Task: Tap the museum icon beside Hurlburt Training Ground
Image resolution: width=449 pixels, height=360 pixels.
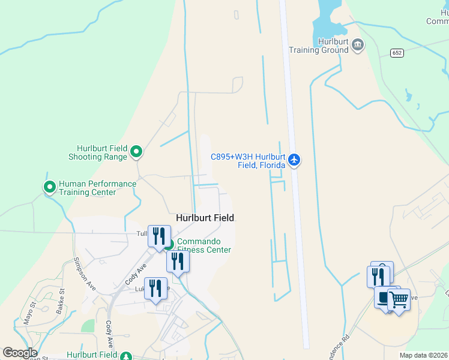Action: [358, 44]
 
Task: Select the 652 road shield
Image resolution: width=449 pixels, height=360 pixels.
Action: [397, 53]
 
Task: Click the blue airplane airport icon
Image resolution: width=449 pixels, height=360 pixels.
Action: [294, 160]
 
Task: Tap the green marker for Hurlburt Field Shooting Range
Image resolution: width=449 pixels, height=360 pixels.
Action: [136, 152]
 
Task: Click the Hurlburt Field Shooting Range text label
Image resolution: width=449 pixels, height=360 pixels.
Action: [102, 152]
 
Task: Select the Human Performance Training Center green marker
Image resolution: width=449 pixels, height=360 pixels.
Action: [49, 187]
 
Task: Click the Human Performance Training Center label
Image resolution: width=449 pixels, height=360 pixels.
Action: [87, 188]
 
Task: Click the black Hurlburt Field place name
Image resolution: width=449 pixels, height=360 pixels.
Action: [205, 218]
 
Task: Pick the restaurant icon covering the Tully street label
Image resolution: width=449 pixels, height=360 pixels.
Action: [159, 235]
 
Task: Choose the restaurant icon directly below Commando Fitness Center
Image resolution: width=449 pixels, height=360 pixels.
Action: [178, 261]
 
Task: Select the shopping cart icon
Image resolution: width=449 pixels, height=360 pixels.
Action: [399, 298]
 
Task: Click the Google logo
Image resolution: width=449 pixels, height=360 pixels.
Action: [20, 353]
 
